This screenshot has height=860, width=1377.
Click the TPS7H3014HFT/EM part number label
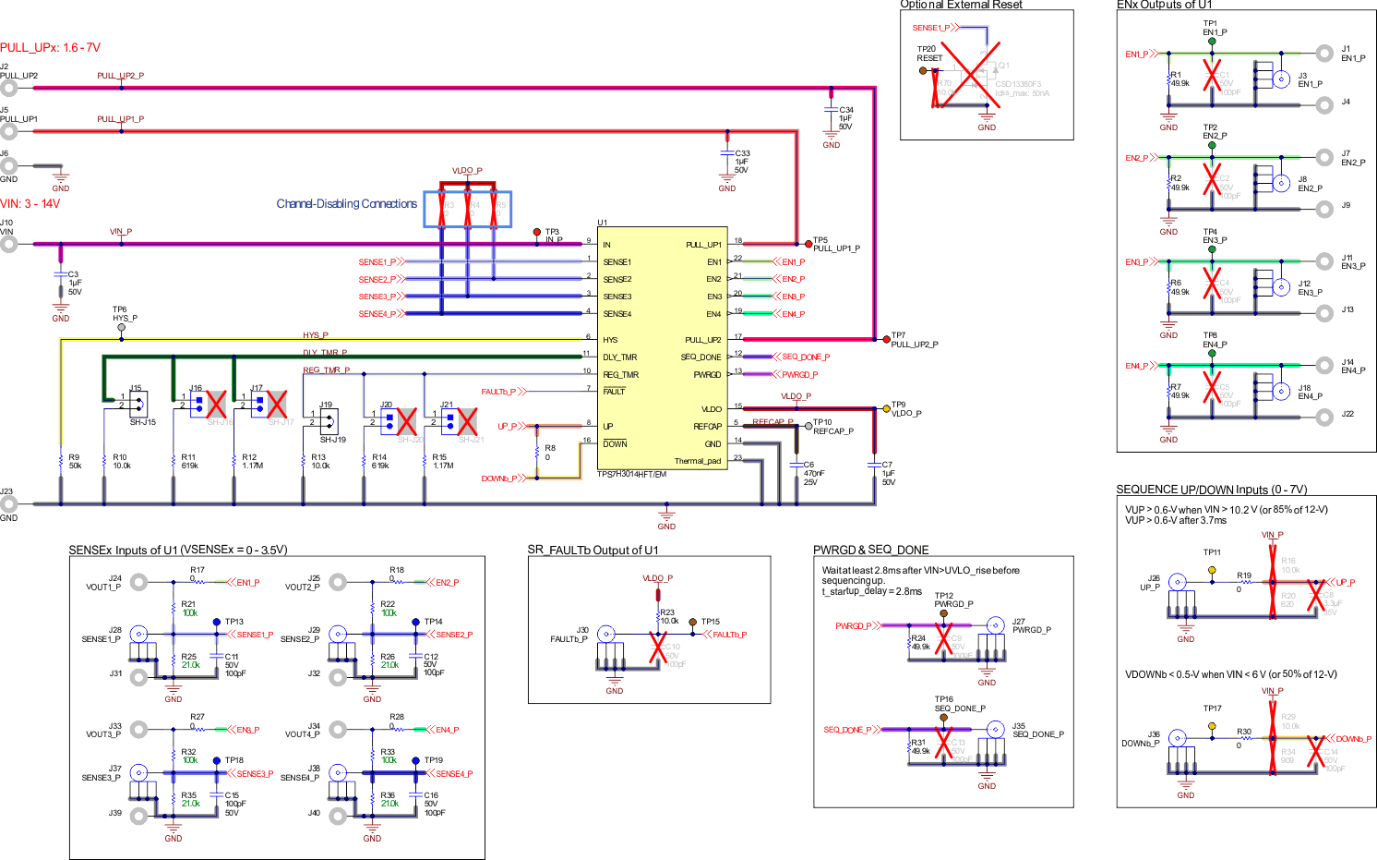tap(631, 475)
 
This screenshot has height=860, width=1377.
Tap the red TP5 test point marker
tap(808, 244)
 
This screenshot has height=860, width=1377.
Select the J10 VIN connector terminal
tap(9, 244)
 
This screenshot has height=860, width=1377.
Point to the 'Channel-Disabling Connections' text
tap(346, 204)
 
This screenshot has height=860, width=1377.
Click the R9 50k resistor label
tap(75, 462)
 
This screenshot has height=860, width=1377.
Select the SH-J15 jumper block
tap(138, 404)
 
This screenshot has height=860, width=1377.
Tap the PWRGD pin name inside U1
tap(707, 375)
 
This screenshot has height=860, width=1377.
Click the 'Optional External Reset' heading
tap(961, 5)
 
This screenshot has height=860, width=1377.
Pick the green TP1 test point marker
tap(1212, 42)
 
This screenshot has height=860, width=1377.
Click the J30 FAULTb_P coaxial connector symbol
tap(606, 634)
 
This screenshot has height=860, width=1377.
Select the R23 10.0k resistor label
tap(668, 616)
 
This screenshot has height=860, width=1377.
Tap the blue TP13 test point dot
tap(217, 622)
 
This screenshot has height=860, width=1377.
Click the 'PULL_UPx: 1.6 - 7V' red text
tap(51, 48)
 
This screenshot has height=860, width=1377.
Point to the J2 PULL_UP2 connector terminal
tap(9, 88)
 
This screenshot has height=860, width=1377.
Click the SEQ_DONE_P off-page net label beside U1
tap(805, 357)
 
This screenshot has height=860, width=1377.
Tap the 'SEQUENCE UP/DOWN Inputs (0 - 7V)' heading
tap(1211, 490)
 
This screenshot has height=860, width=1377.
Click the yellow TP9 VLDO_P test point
tap(885, 406)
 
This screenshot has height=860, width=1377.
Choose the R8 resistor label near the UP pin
tap(550, 453)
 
